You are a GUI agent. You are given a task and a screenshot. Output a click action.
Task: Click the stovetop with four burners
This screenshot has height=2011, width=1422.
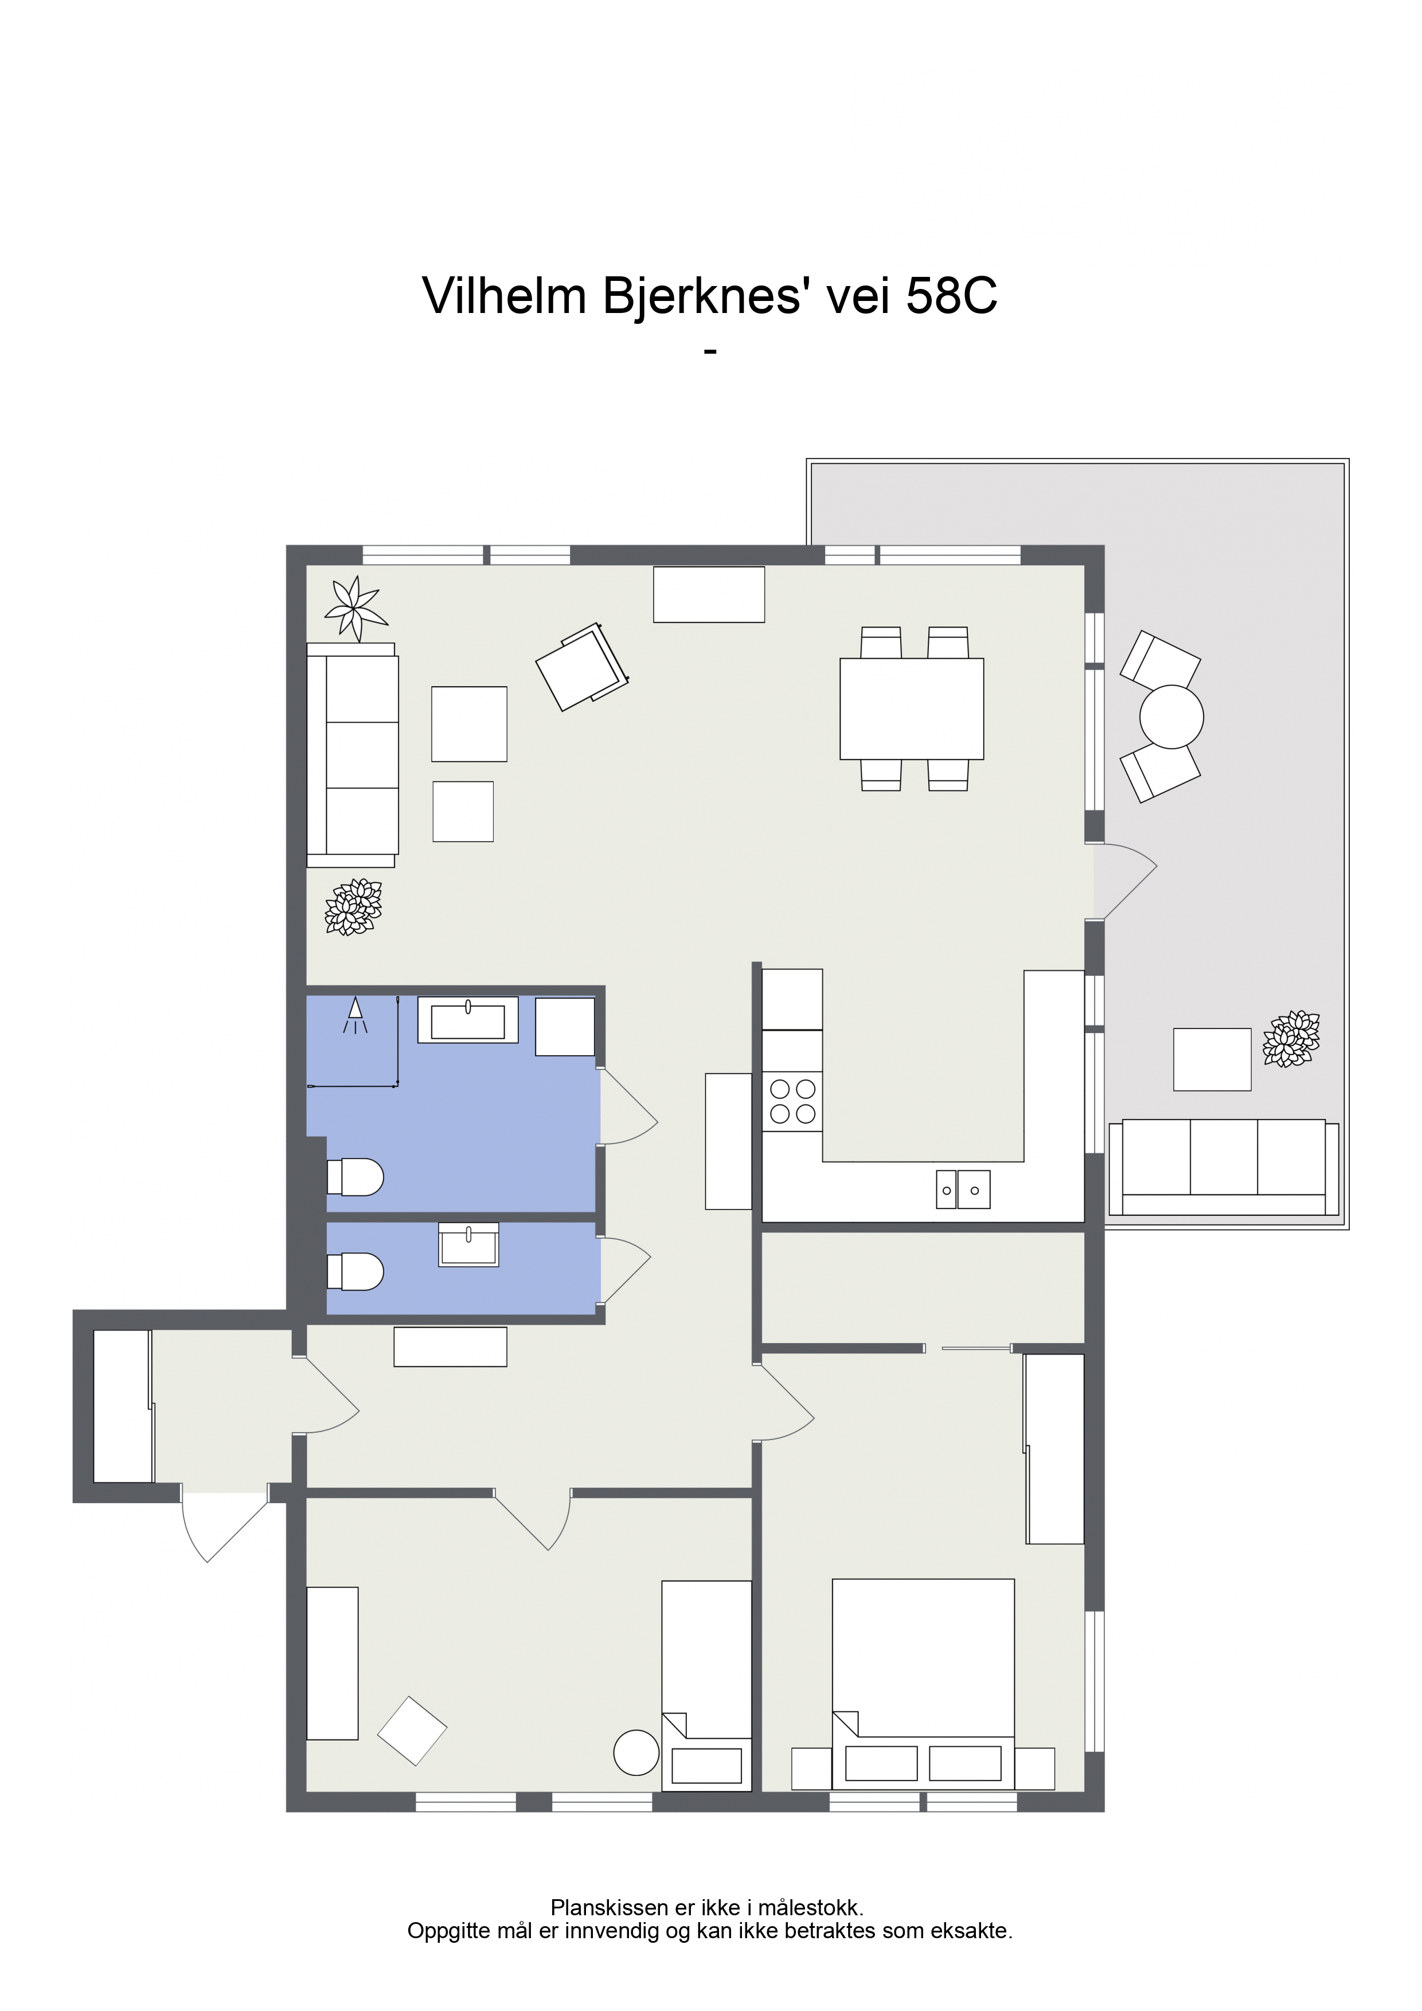click(x=792, y=1101)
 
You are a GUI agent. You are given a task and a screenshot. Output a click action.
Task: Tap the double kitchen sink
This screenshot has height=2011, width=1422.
click(x=963, y=1190)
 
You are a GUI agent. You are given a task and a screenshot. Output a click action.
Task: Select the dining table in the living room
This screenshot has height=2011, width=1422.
click(x=911, y=709)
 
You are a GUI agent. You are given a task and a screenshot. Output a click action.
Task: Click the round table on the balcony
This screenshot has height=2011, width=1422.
click(x=1171, y=717)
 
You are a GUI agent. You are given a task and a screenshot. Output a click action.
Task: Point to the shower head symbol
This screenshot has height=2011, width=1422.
click(x=355, y=1014)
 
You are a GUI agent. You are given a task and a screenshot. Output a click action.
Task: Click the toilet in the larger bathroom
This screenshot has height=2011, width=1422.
click(x=355, y=1177)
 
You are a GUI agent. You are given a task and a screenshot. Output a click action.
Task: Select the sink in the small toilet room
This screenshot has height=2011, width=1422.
click(x=468, y=1245)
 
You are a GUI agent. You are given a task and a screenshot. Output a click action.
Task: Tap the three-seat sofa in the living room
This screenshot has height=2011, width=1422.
click(x=352, y=755)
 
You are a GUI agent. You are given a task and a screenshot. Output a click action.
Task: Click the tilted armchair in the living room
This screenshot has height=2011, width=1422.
click(x=582, y=667)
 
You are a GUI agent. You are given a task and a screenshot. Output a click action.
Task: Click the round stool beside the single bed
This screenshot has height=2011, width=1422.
click(x=636, y=1752)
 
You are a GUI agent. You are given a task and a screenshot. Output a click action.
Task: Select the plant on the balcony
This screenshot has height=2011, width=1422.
click(x=1291, y=1039)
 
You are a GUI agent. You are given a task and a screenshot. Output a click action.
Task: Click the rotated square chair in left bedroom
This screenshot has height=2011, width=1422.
click(x=412, y=1731)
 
